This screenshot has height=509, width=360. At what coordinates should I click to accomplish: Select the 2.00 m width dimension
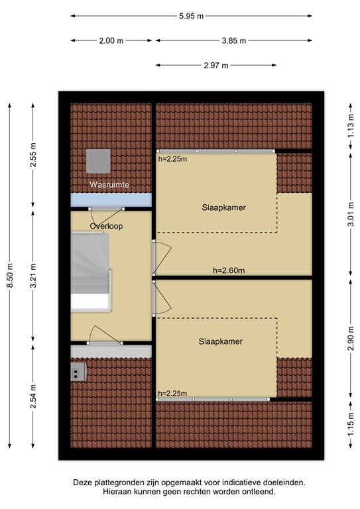[x=111, y=40]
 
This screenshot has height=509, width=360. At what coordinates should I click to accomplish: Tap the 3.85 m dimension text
[x=233, y=40]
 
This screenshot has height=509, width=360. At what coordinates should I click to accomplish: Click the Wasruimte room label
[x=110, y=184]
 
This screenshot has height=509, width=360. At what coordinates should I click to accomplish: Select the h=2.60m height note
[x=229, y=270]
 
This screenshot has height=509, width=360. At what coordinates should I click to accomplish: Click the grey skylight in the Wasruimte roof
[x=97, y=160]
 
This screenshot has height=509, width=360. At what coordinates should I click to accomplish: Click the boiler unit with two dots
[x=78, y=372]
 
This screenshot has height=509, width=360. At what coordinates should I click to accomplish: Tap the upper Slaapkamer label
[x=224, y=207]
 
